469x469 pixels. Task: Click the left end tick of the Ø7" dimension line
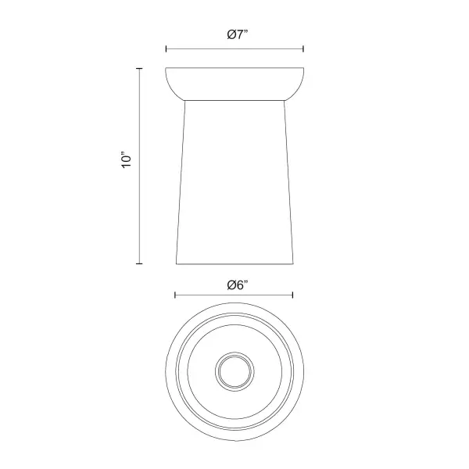pos(166,49)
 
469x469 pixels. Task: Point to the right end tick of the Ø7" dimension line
pos(303,49)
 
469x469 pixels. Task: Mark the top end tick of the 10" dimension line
pos(140,69)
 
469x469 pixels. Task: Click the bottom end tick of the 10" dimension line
pos(140,263)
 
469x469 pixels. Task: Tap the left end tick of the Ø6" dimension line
pos(175,295)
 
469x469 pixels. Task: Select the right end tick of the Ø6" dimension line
pos(293,295)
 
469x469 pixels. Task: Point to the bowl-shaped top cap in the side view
pos(234,84)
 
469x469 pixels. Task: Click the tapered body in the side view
pos(234,180)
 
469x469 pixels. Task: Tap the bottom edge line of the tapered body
pos(234,263)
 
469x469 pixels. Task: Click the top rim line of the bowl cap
pos(234,69)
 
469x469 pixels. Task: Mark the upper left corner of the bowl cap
pos(166,70)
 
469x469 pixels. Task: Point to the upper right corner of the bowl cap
pos(303,70)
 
